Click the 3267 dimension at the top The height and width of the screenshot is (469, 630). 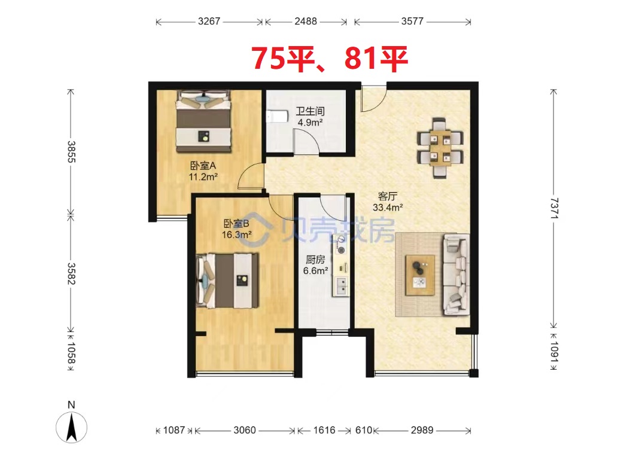[x=209, y=22]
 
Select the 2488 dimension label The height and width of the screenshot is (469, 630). [x=306, y=22]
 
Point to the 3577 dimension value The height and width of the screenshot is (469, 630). [x=412, y=22]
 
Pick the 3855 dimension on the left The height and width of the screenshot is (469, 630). [x=71, y=151]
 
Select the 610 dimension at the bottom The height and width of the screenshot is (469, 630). [x=364, y=431]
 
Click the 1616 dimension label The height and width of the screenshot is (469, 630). [x=324, y=431]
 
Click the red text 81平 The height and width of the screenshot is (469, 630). [x=376, y=59]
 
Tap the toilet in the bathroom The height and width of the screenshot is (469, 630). [x=277, y=116]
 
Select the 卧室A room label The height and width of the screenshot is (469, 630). [x=203, y=166]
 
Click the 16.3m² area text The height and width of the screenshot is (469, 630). [x=237, y=234]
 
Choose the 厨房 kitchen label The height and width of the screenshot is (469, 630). [x=315, y=260]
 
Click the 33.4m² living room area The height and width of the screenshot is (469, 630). [x=388, y=208]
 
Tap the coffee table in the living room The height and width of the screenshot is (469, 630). [x=420, y=275]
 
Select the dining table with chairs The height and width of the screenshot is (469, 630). [x=440, y=148]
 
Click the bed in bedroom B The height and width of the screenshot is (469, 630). [x=227, y=281]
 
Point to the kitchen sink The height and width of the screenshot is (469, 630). [x=341, y=286]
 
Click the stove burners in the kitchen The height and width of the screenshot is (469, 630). [x=341, y=245]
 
